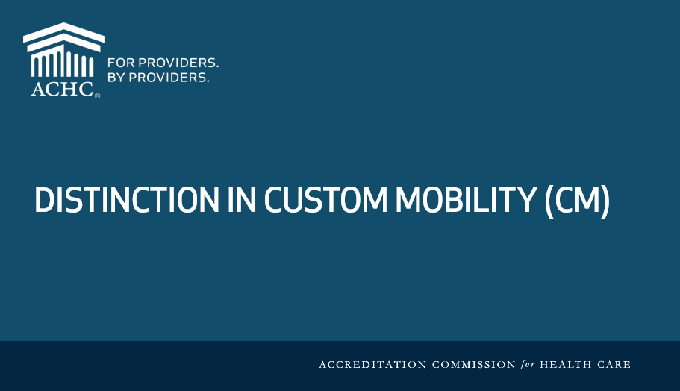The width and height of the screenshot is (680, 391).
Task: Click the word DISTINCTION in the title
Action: coord(127,200)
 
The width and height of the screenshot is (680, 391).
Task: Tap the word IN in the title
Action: coord(241,200)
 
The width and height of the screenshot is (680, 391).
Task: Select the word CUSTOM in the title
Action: coord(325,200)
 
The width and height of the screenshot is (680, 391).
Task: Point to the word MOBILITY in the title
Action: coord(466,200)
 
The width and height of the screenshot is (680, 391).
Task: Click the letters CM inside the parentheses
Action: coord(577,200)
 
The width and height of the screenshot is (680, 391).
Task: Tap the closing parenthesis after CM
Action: coord(605,201)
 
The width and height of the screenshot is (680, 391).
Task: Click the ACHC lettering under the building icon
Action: coord(62,90)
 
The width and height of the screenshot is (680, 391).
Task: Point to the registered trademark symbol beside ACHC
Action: coord(98,96)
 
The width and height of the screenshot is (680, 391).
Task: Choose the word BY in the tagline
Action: coord(116,78)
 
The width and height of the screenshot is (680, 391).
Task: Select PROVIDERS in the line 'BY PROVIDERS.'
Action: coord(169,78)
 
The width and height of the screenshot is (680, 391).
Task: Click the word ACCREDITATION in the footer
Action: coord(373,365)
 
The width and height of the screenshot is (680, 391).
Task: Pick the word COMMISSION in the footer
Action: coord(474,365)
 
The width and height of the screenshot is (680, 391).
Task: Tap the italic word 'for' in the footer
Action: coord(528,365)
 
